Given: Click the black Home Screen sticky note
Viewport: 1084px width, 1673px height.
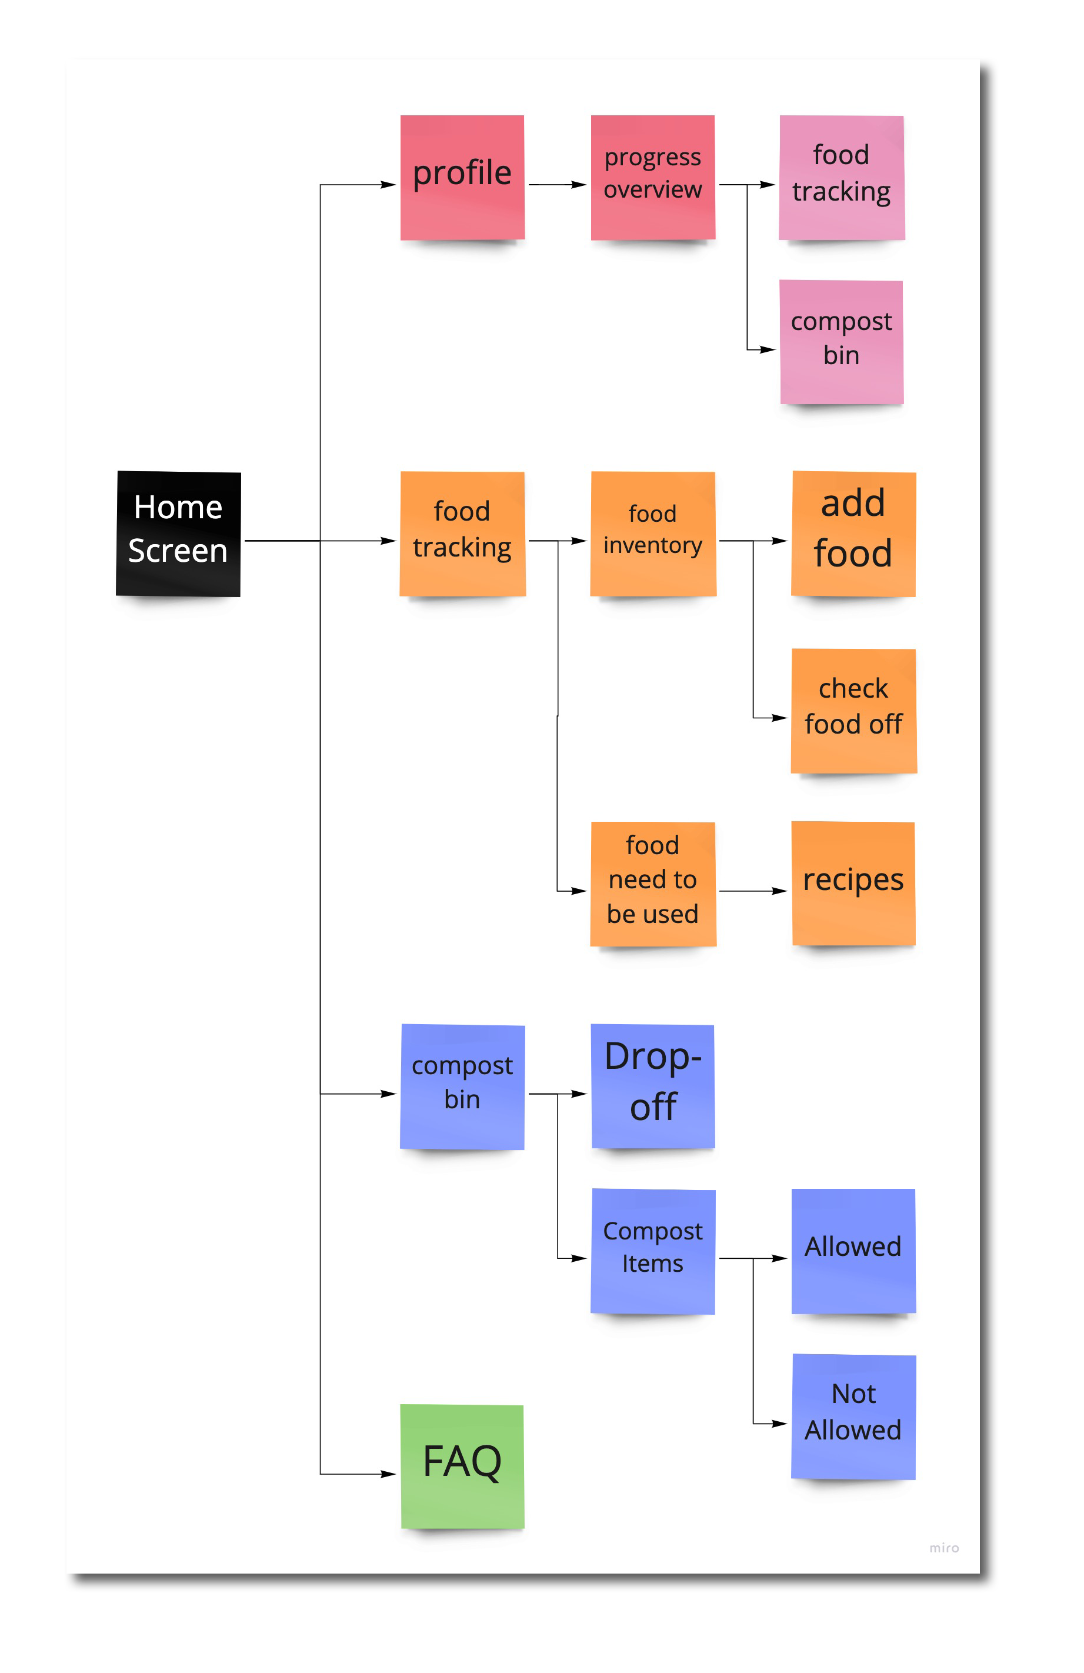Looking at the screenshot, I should point(179,534).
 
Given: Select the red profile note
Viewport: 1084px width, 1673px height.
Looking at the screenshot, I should point(462,177).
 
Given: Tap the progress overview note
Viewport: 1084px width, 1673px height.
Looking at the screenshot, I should point(653,177).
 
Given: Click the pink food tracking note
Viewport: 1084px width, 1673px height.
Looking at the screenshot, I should point(842,177).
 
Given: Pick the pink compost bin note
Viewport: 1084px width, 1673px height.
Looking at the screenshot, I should point(842,342).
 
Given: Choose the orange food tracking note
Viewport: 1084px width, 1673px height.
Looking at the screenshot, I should point(462,534).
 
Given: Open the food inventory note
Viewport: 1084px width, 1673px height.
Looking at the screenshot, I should point(653,534).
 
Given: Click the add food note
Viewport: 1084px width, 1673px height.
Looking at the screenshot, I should point(853,534).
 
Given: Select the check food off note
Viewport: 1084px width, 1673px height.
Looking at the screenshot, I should point(853,711).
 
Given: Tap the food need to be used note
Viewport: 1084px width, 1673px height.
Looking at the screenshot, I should point(653,884).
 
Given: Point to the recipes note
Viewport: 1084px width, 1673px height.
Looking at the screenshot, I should point(853,884).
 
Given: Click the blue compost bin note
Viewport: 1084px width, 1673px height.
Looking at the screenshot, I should point(462,1087).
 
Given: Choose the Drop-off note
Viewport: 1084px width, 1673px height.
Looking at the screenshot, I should point(653,1086).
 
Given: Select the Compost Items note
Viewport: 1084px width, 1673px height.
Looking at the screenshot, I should point(653,1251).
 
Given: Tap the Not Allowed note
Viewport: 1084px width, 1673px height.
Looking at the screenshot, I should point(853,1417).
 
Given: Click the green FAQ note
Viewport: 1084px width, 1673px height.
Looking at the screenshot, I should point(462,1467).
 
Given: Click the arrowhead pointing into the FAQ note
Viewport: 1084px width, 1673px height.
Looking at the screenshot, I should point(389,1474).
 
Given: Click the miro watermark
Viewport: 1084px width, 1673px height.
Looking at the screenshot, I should point(943,1548).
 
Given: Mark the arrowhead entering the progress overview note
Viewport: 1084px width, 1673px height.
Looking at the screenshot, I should point(579,185).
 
